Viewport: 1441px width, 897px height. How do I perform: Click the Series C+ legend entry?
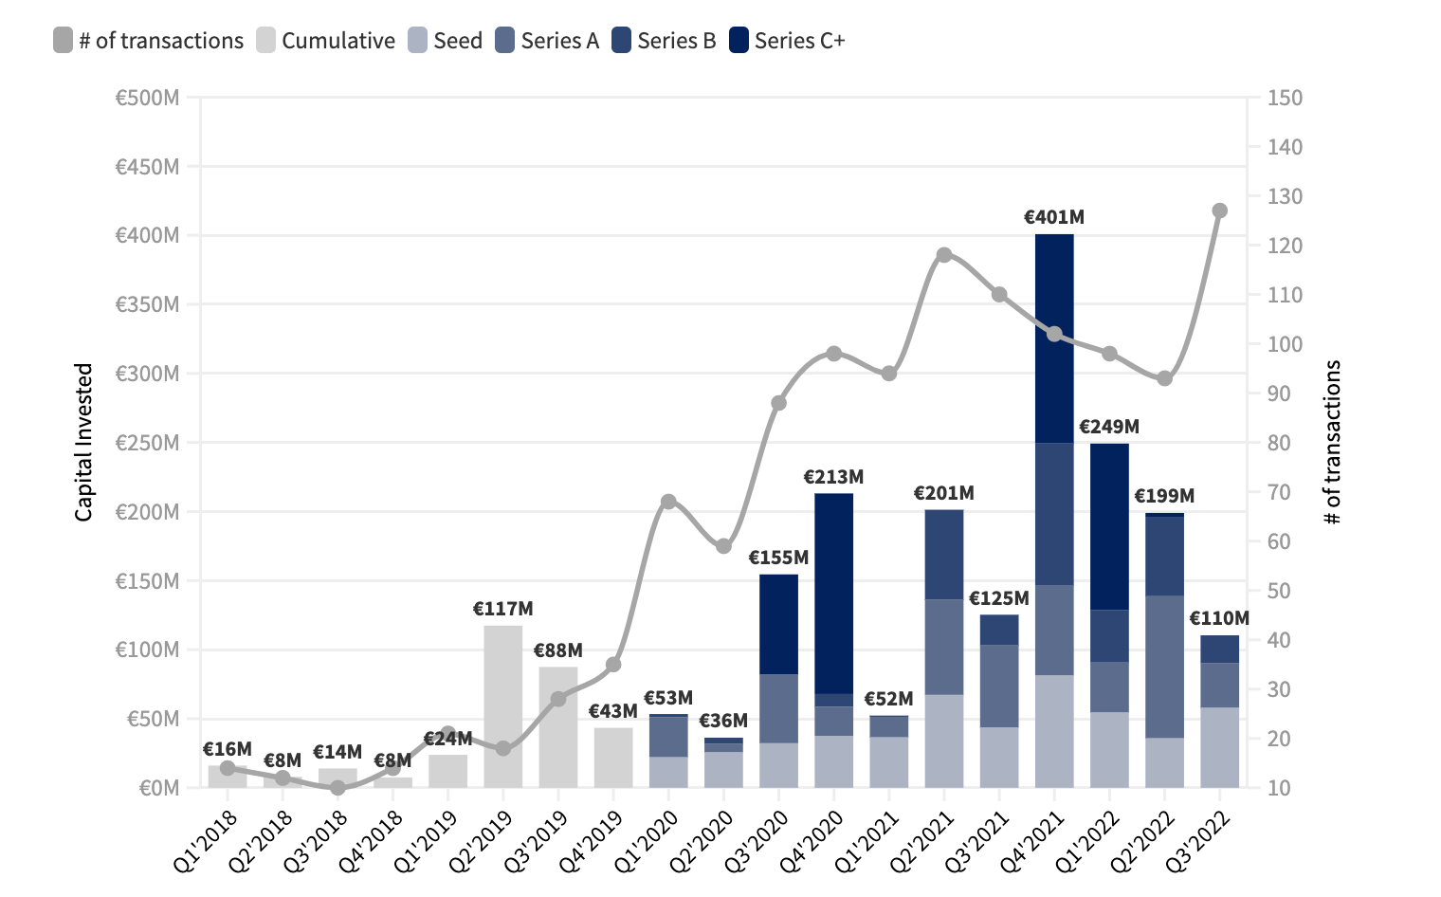(787, 41)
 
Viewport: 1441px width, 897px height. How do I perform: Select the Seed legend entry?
(446, 41)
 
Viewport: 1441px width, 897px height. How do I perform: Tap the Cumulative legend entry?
(326, 41)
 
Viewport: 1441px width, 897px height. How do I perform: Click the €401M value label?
(1054, 217)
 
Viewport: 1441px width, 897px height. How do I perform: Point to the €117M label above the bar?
(503, 609)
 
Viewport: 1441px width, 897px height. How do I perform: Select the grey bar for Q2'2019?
(503, 706)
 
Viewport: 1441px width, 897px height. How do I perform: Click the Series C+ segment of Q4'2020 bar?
(834, 593)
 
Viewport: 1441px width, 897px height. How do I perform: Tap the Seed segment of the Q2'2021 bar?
(944, 741)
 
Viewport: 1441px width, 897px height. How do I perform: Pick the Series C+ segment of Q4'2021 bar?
(1054, 339)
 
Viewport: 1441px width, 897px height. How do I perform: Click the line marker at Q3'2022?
(1220, 211)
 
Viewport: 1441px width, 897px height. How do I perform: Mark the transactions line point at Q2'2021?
(944, 255)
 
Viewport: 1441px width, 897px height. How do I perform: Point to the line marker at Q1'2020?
(668, 502)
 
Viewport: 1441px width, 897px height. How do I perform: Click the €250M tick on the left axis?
(147, 443)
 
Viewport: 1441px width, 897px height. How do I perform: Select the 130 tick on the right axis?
(1285, 196)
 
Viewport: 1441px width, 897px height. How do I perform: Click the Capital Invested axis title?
(84, 442)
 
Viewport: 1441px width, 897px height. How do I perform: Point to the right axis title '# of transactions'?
(1333, 442)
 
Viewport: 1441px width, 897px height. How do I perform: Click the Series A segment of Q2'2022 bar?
(1165, 667)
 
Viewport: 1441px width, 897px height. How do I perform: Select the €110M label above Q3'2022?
(1220, 618)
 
